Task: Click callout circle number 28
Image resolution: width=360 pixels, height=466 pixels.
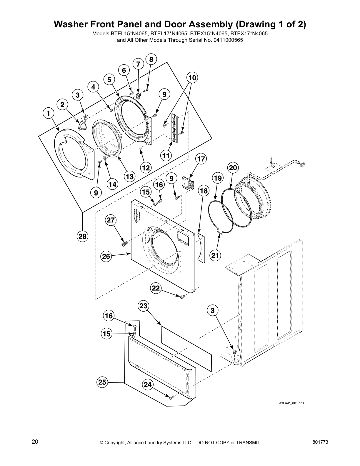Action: coord(83,236)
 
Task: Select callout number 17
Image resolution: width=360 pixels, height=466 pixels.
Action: coord(201,159)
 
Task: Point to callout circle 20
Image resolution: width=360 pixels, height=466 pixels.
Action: coord(233,168)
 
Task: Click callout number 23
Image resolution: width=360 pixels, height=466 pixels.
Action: coord(143,306)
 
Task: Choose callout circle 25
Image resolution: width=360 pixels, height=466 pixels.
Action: coord(102,382)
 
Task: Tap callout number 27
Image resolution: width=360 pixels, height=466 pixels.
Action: coord(111,220)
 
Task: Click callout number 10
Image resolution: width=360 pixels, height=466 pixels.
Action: coord(192,78)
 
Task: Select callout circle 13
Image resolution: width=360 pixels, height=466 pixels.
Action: coord(129,177)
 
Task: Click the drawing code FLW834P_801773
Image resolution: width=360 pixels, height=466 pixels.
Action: coord(285,403)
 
